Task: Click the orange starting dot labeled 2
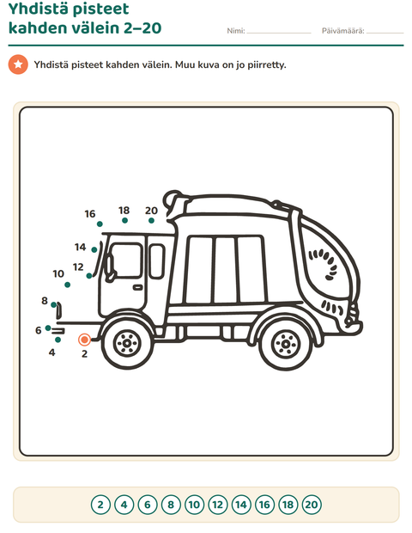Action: click(x=84, y=340)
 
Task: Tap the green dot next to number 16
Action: click(x=100, y=224)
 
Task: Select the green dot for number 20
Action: click(x=151, y=221)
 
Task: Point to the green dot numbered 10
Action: click(x=68, y=285)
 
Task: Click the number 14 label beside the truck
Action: click(x=81, y=247)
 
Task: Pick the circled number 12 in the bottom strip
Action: click(x=217, y=505)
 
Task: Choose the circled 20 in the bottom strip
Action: click(x=312, y=505)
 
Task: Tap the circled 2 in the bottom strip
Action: click(x=100, y=505)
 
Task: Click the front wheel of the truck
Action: click(x=128, y=343)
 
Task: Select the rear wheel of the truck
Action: click(x=286, y=345)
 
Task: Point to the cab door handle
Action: click(x=138, y=288)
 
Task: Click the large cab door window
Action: click(x=125, y=260)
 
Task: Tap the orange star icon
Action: click(x=18, y=64)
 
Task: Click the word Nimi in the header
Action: click(x=235, y=31)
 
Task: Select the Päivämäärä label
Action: click(x=342, y=31)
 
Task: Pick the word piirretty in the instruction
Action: click(x=267, y=65)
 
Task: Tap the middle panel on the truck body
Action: click(x=226, y=270)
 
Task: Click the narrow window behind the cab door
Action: click(x=157, y=261)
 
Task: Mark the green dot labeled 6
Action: click(x=48, y=328)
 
